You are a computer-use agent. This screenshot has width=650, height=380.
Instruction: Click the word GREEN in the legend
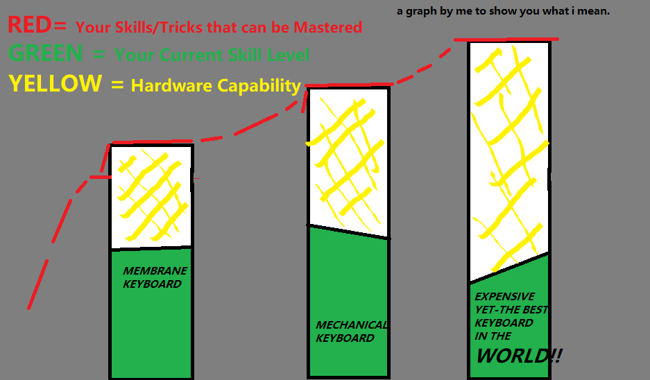pos(45,53)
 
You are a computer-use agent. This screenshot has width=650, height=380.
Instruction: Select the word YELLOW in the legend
pos(55,83)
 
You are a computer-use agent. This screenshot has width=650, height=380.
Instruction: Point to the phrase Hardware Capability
pos(216,85)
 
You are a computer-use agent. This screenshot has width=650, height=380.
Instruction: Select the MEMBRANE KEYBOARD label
pos(155,277)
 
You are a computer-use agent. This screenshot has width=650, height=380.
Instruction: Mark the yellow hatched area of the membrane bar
pos(151,194)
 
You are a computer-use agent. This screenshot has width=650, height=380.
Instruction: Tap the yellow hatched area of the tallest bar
pos(509,159)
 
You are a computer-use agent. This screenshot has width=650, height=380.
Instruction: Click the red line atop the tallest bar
pos(507,39)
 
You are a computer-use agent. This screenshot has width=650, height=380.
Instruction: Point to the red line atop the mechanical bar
pos(347,85)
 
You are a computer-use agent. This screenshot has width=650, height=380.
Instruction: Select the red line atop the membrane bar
pos(151,142)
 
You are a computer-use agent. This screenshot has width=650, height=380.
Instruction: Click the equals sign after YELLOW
pos(116,85)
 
